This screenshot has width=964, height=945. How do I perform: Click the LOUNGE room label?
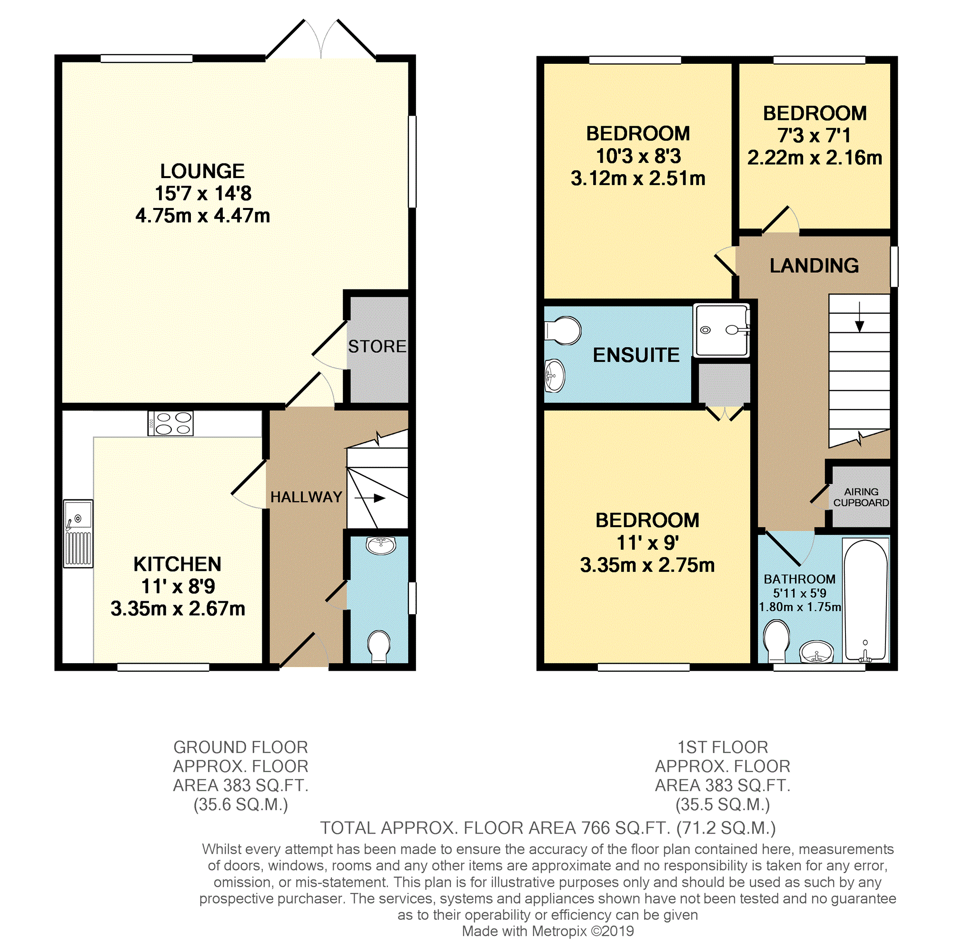point(202,171)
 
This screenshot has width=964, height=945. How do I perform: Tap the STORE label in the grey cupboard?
point(377,347)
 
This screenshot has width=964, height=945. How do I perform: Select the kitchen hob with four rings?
point(170,423)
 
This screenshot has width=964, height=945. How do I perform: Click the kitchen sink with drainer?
point(78,534)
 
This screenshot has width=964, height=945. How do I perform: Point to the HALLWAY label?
point(306,497)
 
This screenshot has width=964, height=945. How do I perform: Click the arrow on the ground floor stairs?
point(370,498)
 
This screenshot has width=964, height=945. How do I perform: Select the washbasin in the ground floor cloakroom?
point(381,545)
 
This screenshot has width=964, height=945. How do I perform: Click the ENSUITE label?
point(636,355)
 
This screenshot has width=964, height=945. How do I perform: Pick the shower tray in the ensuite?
point(722,330)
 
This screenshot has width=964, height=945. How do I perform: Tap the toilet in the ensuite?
point(563,330)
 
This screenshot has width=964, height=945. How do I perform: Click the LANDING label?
point(814,266)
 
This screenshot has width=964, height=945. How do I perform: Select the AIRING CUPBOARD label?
point(861,497)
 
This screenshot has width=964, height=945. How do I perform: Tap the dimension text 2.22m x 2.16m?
point(815,158)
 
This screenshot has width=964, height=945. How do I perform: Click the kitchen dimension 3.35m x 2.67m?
point(178,608)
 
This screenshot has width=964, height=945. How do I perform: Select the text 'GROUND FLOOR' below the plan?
point(241,747)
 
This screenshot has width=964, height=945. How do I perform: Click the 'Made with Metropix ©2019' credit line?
point(548,931)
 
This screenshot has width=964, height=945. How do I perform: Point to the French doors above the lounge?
point(321,40)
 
